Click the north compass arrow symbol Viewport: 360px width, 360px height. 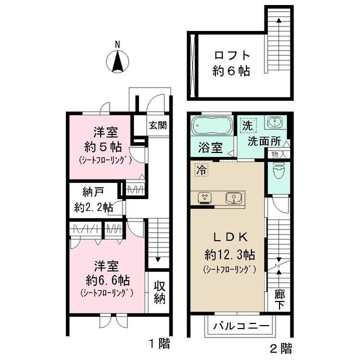[117, 61]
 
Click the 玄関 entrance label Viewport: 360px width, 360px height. [157, 125]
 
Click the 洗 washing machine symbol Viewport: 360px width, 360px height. [246, 124]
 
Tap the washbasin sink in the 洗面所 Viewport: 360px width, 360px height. [274, 123]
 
